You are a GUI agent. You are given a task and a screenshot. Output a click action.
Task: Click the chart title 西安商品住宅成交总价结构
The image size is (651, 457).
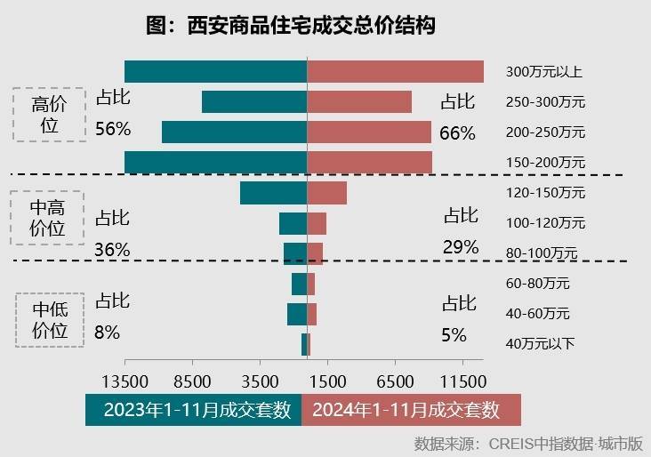coord(291,25)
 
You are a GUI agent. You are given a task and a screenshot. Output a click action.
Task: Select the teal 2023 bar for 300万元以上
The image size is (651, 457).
coord(215,71)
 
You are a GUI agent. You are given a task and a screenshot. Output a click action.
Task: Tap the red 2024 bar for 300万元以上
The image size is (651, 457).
coord(395,71)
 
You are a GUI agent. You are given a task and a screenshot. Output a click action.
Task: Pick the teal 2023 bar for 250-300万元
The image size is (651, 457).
coord(254,101)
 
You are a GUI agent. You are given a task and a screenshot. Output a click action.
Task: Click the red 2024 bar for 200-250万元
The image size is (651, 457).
coord(369,132)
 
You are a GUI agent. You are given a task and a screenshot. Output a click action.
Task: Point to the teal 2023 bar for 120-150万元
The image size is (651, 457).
coord(273,192)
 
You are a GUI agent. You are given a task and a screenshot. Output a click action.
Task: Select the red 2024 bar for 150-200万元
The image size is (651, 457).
coord(369,162)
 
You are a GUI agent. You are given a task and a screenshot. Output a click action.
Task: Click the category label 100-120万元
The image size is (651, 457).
coord(545,222)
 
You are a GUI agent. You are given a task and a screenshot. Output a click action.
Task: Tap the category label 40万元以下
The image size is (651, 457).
coord(540,343)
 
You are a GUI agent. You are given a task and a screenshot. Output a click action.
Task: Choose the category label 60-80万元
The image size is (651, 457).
coord(537,284)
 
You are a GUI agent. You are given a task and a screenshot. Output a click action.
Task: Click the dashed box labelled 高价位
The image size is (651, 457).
coord(50,115)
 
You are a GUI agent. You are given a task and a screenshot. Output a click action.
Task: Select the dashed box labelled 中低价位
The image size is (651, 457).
coord(50,320)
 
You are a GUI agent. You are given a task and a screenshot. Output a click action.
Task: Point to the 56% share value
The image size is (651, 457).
coord(113,129)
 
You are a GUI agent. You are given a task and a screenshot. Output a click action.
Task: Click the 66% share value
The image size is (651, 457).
coord(457,133)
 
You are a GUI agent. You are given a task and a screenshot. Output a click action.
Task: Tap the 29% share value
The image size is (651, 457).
coord(460,247)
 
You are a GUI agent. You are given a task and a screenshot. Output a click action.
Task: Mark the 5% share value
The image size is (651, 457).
coord(454,334)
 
